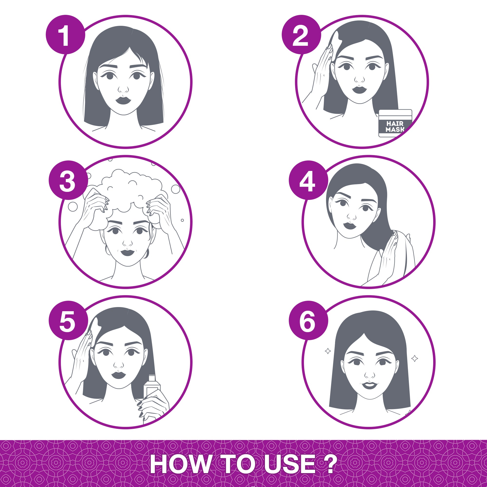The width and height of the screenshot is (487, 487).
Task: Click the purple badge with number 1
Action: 65,35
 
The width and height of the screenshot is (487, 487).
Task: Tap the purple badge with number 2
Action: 301,35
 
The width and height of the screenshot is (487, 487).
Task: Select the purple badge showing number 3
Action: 68,180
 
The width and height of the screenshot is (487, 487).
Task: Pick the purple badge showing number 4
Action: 308,180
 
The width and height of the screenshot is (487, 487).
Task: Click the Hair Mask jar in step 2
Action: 395,123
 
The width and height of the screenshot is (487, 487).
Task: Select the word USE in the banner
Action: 290,465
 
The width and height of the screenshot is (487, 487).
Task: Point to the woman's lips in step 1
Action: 123,100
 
